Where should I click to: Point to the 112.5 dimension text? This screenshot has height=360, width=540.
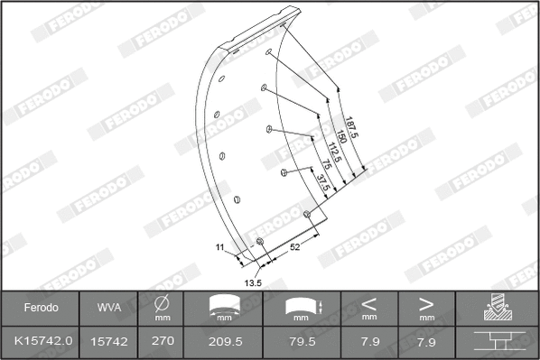331,155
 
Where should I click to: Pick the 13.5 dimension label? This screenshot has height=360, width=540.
254,282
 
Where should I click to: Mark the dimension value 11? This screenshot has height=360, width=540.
219,245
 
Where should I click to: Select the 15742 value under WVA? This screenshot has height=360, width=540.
108,342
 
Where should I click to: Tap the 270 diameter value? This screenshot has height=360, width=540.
163,342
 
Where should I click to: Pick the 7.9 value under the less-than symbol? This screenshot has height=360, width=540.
369,342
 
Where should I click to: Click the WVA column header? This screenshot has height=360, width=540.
108,308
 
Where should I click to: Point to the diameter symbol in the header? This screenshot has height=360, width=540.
163,302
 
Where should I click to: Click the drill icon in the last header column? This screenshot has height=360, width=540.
498,308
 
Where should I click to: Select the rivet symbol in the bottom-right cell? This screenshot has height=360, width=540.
498,342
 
